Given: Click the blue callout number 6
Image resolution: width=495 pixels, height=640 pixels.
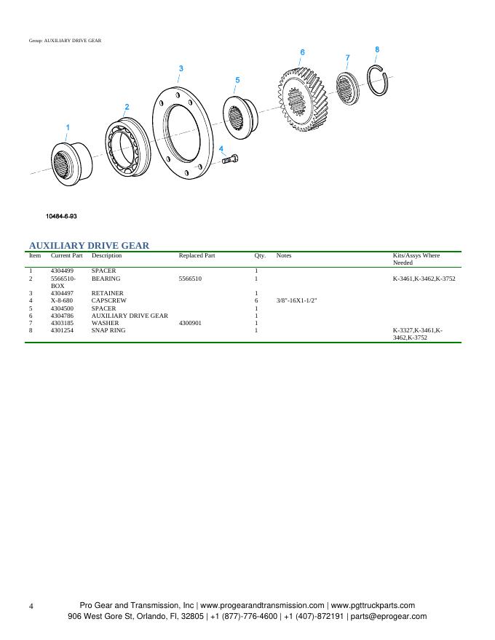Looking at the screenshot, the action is (302, 52).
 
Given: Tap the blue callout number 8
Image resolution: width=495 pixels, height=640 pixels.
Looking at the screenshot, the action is (377, 49).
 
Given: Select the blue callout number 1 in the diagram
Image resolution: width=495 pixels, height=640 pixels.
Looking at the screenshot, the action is (68, 127).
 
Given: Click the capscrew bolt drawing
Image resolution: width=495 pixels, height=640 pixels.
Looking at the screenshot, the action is (230, 159).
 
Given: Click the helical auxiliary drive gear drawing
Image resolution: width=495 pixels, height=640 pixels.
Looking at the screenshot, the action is (303, 100).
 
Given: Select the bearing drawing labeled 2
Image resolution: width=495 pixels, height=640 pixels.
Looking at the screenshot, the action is (127, 148).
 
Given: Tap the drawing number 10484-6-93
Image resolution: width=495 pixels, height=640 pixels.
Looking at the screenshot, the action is (61, 216).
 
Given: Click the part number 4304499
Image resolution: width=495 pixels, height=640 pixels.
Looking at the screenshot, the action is (62, 271).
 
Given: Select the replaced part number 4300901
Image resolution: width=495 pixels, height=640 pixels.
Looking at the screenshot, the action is (190, 323).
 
